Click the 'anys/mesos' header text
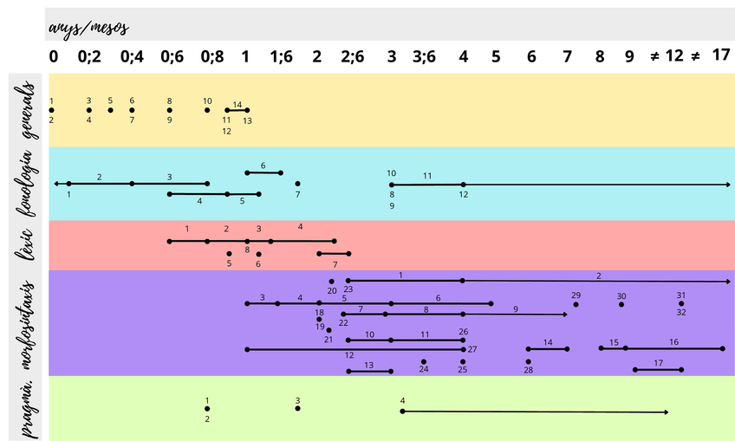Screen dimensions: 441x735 click(x=89, y=27)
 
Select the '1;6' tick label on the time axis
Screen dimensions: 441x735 click(x=282, y=56)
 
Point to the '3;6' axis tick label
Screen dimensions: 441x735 click(x=425, y=56)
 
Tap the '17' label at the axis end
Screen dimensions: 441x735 click(x=721, y=55)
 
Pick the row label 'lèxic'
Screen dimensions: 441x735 click(x=27, y=245)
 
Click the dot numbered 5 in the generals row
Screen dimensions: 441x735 click(x=111, y=110)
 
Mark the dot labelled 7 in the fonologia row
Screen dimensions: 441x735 click(x=297, y=184)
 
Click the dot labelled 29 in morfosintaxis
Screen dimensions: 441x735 click(x=576, y=304)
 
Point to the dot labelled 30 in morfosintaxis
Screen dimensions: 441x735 click(x=621, y=304)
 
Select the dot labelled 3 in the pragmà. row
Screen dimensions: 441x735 click(x=297, y=408)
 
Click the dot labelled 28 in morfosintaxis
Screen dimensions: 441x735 click(x=528, y=361)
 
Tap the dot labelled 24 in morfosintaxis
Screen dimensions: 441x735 click(x=423, y=361)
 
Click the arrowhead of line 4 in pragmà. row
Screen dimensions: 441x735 click(x=666, y=412)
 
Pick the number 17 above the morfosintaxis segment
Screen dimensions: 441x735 click(x=659, y=363)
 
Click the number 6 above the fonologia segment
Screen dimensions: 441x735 click(x=263, y=165)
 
